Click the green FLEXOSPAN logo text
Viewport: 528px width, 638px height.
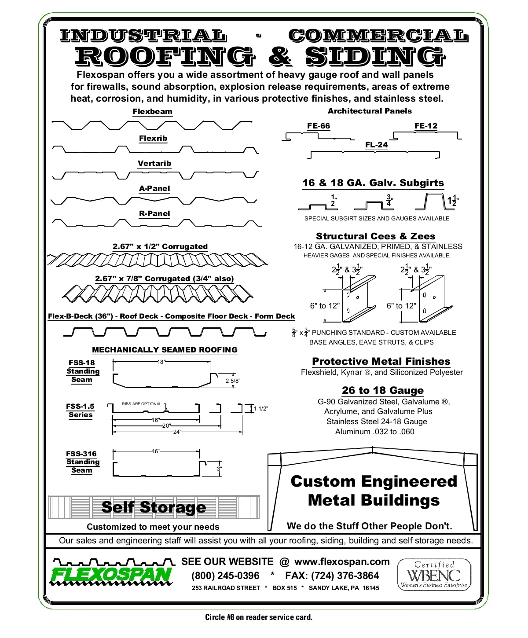(111, 575)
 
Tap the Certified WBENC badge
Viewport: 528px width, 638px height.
(434, 575)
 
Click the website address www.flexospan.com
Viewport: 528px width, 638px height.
(342, 561)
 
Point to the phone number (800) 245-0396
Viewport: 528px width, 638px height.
(225, 576)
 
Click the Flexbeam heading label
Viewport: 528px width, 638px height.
(152, 111)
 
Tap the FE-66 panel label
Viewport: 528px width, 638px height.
(319, 126)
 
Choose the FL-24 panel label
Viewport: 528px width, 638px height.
(377, 145)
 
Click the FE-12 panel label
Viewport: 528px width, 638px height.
(426, 126)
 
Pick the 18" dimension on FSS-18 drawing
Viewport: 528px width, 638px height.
(161, 362)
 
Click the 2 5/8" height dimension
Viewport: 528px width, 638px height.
(233, 381)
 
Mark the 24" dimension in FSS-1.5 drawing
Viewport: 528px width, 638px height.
(177, 432)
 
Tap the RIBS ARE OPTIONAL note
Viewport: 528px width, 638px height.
(141, 403)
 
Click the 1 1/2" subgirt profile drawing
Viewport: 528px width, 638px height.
(434, 202)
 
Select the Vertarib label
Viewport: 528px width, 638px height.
(154, 164)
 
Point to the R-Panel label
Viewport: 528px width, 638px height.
(154, 213)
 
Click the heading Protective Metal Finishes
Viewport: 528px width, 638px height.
(381, 362)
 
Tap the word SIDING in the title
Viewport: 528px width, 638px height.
(375, 57)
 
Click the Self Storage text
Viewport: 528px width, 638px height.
(154, 507)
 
